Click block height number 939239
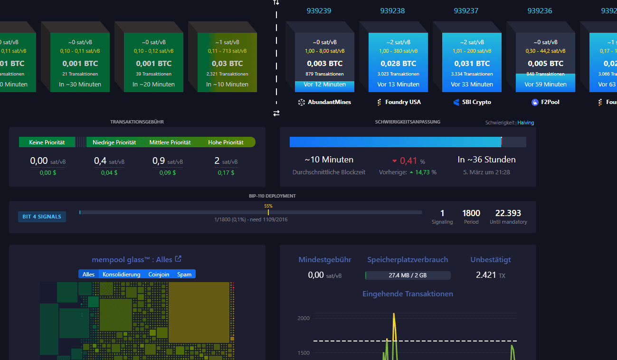click(319, 10)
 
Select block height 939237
click(466, 10)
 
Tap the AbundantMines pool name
click(329, 102)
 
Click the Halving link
click(526, 123)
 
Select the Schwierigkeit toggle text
click(500, 123)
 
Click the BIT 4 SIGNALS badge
click(42, 217)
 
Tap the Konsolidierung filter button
click(122, 274)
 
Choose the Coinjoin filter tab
click(159, 274)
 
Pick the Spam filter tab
click(184, 274)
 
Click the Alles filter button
click(89, 274)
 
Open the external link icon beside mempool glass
click(178, 259)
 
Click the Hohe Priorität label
click(226, 142)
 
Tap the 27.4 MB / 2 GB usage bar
click(408, 275)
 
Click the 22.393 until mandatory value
click(508, 213)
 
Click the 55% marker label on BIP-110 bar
click(268, 206)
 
